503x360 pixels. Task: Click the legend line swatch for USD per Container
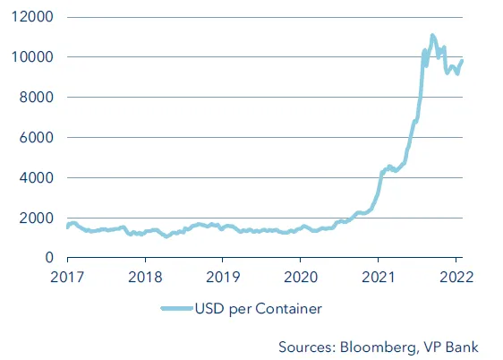point(178,309)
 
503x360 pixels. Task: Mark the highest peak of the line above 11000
point(432,36)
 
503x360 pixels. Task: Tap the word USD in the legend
point(214,309)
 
